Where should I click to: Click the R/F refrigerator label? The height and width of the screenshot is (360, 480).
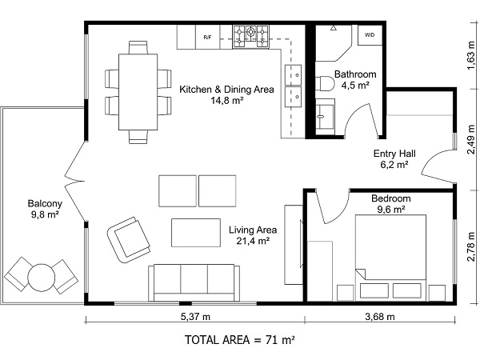pyautogui.click(x=207, y=38)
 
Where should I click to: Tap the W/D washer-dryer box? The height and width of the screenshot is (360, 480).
pyautogui.click(x=370, y=35)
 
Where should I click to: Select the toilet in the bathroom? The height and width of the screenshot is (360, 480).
pyautogui.click(x=325, y=83)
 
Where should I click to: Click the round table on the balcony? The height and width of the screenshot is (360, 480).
pyautogui.click(x=42, y=278)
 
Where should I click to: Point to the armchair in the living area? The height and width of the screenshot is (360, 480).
pyautogui.click(x=129, y=240)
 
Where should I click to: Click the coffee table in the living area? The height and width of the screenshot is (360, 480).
pyautogui.click(x=196, y=233)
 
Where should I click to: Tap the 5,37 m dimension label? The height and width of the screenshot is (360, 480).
pyautogui.click(x=195, y=317)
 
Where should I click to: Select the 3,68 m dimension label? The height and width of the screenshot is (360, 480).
pyautogui.click(x=380, y=317)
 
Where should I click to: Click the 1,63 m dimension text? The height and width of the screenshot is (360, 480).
pyautogui.click(x=471, y=56)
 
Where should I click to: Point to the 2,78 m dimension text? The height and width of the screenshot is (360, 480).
pyautogui.click(x=471, y=246)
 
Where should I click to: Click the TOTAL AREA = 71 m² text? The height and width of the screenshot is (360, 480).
pyautogui.click(x=240, y=340)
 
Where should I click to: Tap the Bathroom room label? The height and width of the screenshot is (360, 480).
pyautogui.click(x=355, y=74)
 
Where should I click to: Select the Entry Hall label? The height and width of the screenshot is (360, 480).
pyautogui.click(x=394, y=154)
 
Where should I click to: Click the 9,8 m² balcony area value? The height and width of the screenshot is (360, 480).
pyautogui.click(x=45, y=214)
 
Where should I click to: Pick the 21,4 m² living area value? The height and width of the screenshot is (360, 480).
pyautogui.click(x=253, y=241)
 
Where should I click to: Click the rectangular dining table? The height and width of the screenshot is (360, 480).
pyautogui.click(x=138, y=92)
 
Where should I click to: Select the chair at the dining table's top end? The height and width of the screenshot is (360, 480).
pyautogui.click(x=138, y=47)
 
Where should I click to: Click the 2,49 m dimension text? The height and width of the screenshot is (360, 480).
pyautogui.click(x=471, y=139)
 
